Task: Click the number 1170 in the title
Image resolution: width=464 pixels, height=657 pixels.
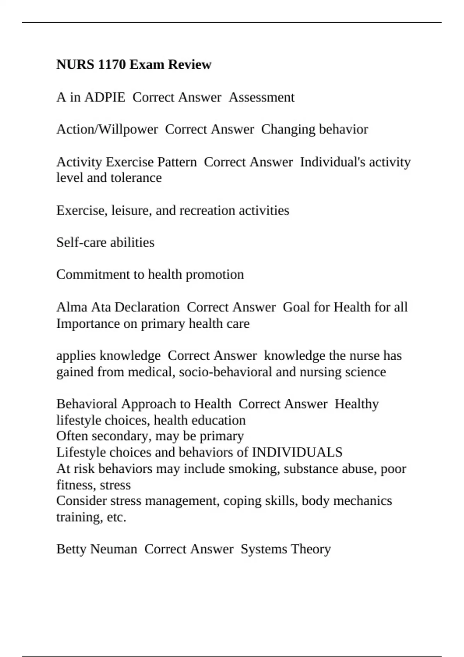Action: (112, 64)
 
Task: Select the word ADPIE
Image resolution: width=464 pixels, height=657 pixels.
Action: (104, 97)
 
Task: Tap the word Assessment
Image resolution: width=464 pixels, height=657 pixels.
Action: (261, 97)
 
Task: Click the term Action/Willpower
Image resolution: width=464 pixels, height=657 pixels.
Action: (107, 129)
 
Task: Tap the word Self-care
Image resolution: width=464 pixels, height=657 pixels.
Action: (81, 242)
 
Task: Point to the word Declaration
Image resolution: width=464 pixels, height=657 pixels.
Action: (147, 307)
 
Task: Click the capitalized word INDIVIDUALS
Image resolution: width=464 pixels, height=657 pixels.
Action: (297, 452)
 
